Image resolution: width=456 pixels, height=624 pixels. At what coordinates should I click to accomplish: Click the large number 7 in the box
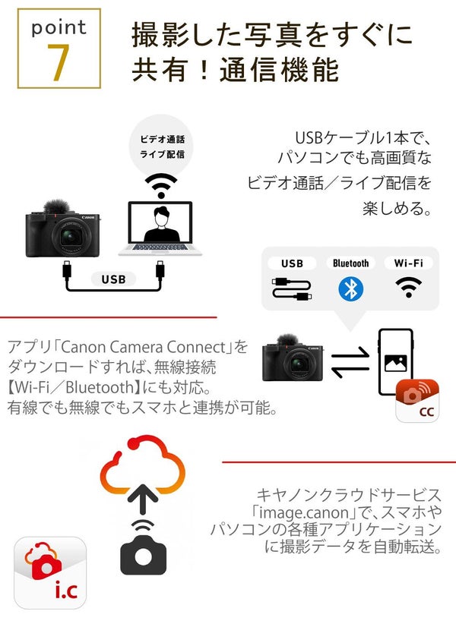pyautogui.click(x=59, y=65)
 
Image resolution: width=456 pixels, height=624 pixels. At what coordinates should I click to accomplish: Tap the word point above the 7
pyautogui.click(x=59, y=28)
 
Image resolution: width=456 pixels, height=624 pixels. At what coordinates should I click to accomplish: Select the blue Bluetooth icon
pyautogui.click(x=350, y=288)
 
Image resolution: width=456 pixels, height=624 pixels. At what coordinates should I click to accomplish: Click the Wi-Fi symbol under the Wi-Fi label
pyautogui.click(x=408, y=287)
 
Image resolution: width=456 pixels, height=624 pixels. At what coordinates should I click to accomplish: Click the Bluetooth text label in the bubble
pyautogui.click(x=350, y=263)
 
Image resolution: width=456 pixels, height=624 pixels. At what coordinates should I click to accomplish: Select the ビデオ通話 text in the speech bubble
pyautogui.click(x=162, y=140)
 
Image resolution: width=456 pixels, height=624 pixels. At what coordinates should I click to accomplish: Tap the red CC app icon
pyautogui.click(x=417, y=400)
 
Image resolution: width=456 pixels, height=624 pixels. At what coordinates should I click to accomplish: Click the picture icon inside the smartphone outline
pyautogui.click(x=396, y=361)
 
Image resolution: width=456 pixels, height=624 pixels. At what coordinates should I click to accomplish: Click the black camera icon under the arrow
pyautogui.click(x=143, y=554)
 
